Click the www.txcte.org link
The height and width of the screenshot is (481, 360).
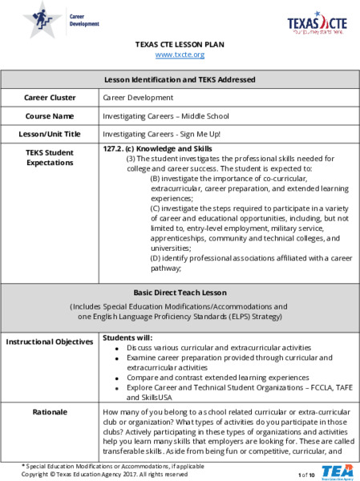pyautogui.click(x=180, y=55)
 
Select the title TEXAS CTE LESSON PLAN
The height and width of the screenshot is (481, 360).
pyautogui.click(x=180, y=44)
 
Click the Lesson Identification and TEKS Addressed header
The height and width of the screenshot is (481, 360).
pyautogui.click(x=180, y=79)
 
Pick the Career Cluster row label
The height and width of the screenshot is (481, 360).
pyautogui.click(x=50, y=98)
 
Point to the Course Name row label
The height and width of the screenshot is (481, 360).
pyautogui.click(x=50, y=115)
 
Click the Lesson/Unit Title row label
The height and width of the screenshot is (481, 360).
pyautogui.click(x=50, y=134)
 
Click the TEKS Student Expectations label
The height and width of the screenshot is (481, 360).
pyautogui.click(x=50, y=156)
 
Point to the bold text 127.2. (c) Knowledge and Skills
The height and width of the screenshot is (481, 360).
pyautogui.click(x=158, y=150)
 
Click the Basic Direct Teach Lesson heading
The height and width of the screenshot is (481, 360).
pyautogui.click(x=180, y=292)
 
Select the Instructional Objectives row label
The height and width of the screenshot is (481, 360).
pyautogui.click(x=50, y=342)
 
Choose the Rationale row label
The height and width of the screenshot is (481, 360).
pyautogui.click(x=50, y=412)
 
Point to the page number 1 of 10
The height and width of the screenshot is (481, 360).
pyautogui.click(x=306, y=475)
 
